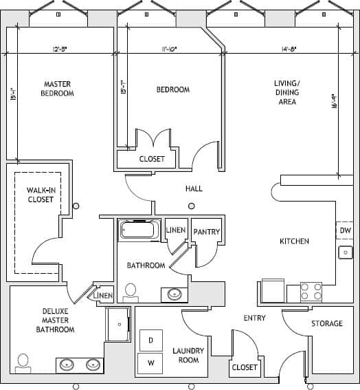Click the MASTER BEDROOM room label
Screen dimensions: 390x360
click(58, 89)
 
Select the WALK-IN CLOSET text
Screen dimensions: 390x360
click(40, 195)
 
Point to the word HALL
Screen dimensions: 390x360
click(194, 188)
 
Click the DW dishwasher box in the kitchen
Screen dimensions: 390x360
click(345, 230)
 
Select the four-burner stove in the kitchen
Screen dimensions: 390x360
click(312, 291)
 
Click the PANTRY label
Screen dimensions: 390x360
click(206, 232)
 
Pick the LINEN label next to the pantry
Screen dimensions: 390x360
click(176, 230)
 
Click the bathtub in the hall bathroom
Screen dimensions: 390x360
click(139, 229)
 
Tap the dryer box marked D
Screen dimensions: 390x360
click(150, 340)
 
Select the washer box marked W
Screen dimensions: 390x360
click(150, 363)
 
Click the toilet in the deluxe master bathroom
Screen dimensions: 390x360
click(24, 362)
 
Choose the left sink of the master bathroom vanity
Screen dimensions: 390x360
click(69, 364)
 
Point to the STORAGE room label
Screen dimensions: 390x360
click(327, 323)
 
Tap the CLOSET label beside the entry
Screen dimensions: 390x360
click(244, 367)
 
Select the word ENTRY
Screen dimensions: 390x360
click(254, 318)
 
